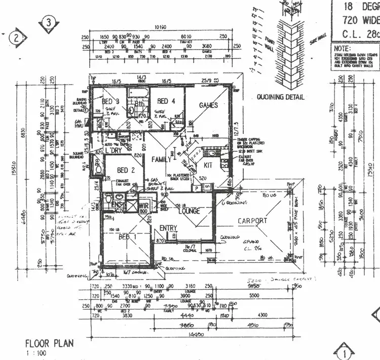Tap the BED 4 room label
(x=166, y=101)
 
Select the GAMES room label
(x=208, y=105)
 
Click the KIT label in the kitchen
(x=208, y=165)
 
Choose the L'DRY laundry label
(x=113, y=150)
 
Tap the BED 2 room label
(x=126, y=170)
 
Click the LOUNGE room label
(x=188, y=211)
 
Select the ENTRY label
(x=168, y=228)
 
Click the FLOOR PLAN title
(x=49, y=343)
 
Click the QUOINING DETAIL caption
(x=280, y=97)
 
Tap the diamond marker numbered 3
(x=48, y=22)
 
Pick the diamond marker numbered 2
(x=17, y=37)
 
